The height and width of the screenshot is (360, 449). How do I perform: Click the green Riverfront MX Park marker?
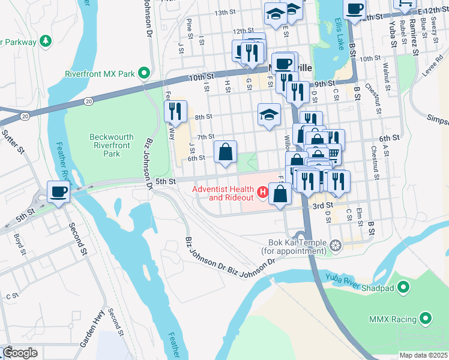point(144,74)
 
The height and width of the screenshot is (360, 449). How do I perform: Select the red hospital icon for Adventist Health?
point(262,193)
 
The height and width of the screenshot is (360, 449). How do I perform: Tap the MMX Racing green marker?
point(427,317)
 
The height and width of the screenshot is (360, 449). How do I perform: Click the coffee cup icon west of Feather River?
point(58,192)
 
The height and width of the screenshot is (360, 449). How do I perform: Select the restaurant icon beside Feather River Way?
point(175,111)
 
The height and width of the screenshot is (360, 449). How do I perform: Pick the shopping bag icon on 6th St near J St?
point(225,152)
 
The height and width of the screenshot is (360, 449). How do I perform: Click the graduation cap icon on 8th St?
point(270,115)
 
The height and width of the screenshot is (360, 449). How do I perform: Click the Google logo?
point(20,353)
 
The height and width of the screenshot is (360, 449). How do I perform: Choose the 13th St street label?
point(224,13)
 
